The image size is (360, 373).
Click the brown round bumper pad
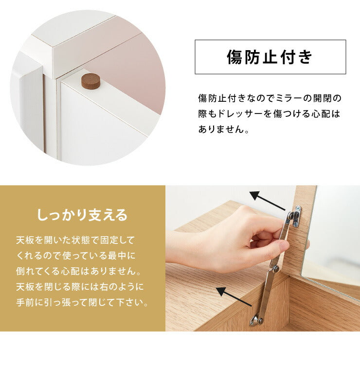click(x=90, y=81)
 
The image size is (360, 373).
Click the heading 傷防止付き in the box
click(x=270, y=57)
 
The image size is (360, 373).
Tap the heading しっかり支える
click(x=82, y=214)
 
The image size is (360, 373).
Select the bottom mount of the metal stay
click(x=256, y=320)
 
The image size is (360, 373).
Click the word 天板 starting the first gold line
click(x=22, y=240)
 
